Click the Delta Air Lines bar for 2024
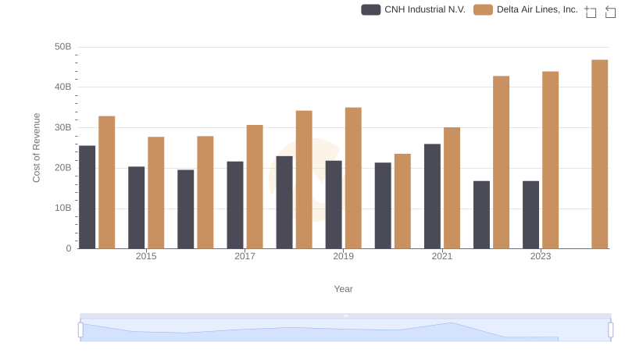pyautogui.click(x=599, y=154)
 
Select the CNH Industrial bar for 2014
pyautogui.click(x=87, y=197)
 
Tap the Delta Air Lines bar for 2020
pyautogui.click(x=402, y=201)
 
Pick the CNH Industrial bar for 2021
pyautogui.click(x=432, y=196)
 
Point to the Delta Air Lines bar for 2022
pyautogui.click(x=501, y=162)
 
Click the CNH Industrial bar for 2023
pyautogui.click(x=530, y=215)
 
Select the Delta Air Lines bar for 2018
pyautogui.click(x=304, y=180)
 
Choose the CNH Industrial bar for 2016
pyautogui.click(x=186, y=209)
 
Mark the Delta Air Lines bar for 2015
pyautogui.click(x=156, y=193)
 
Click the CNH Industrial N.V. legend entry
pyautogui.click(x=414, y=10)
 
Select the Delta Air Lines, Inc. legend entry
pyautogui.click(x=526, y=10)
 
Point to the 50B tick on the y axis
pyautogui.click(x=62, y=47)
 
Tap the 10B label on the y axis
pyautogui.click(x=62, y=209)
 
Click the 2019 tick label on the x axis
pyautogui.click(x=343, y=256)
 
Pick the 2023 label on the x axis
pyautogui.click(x=541, y=256)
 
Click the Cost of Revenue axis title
pyautogui.click(x=37, y=148)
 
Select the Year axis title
pyautogui.click(x=344, y=289)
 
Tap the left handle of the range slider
pyautogui.click(x=80, y=330)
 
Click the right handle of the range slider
pyautogui.click(x=611, y=330)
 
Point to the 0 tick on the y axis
pyautogui.click(x=68, y=248)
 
